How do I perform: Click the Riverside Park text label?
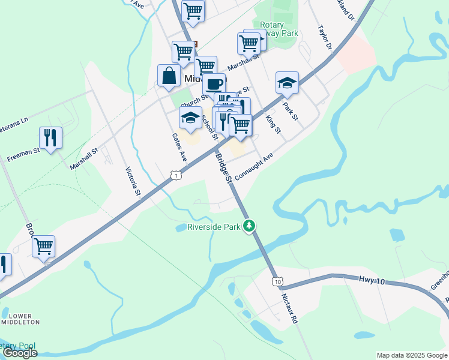click(213, 227)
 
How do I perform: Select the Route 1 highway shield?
click(175, 175)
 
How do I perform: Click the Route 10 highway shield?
click(277, 281)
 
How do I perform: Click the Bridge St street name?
click(223, 167)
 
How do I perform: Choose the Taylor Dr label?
click(325, 37)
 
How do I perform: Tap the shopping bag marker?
click(169, 76)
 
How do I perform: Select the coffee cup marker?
click(214, 84)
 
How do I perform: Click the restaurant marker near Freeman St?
click(50, 138)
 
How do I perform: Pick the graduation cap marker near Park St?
click(288, 83)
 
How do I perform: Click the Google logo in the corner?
click(20, 353)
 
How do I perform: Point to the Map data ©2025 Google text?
click(411, 355)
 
